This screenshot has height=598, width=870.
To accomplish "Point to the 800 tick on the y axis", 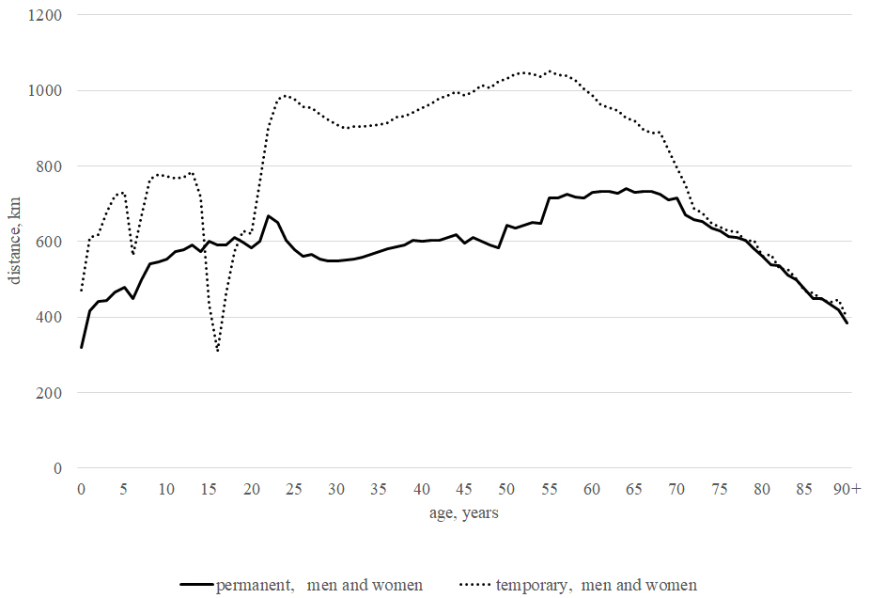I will coord(50,166).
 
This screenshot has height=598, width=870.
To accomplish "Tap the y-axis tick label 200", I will coord(50,393).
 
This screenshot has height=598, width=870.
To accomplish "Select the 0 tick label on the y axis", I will coord(57,468).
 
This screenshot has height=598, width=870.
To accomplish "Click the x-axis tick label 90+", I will coord(847,490).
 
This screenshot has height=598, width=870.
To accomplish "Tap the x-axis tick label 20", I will coord(252,490).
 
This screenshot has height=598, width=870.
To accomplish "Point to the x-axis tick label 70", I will coord(676,490).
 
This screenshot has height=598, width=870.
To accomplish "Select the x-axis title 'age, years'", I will coord(464,512).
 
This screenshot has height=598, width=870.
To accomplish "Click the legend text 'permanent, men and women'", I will coord(319,585).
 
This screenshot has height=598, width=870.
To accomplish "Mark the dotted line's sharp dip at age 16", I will coord(218,351).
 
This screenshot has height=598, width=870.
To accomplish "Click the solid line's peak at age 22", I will coord(269,216).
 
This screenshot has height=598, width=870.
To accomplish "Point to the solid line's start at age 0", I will coord(82,347).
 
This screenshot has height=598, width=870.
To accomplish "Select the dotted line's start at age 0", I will coord(82,291).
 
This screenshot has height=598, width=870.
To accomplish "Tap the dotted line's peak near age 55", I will coord(550,71).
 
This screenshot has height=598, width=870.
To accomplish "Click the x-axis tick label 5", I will coord(124,490).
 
